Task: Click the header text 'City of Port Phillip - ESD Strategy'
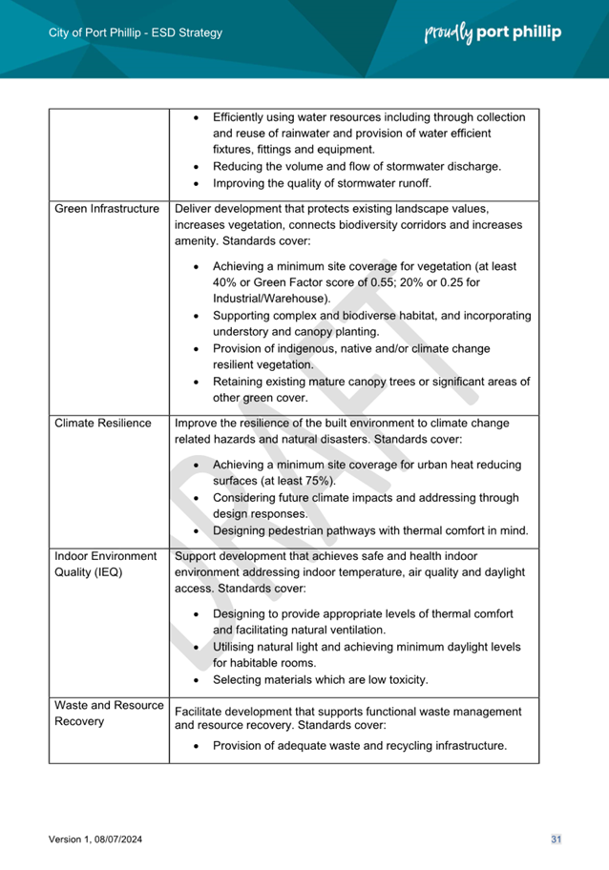pyautogui.click(x=135, y=32)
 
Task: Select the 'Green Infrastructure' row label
pyautogui.click(x=107, y=209)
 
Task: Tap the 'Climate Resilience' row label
pyautogui.click(x=103, y=423)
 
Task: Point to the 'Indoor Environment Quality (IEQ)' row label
pyautogui.click(x=105, y=564)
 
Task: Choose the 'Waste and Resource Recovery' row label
pyautogui.click(x=109, y=713)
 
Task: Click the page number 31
pyautogui.click(x=556, y=839)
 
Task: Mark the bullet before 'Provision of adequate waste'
pyautogui.click(x=196, y=745)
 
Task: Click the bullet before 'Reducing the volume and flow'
pyautogui.click(x=196, y=166)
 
